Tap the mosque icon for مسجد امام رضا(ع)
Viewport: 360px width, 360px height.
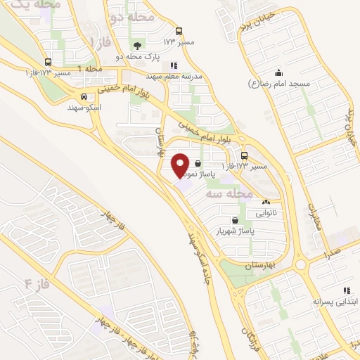[278, 72]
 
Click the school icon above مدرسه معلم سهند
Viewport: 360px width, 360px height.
[174, 65]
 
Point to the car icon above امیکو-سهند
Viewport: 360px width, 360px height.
[84, 97]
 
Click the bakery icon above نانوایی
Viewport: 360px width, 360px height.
[266, 202]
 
